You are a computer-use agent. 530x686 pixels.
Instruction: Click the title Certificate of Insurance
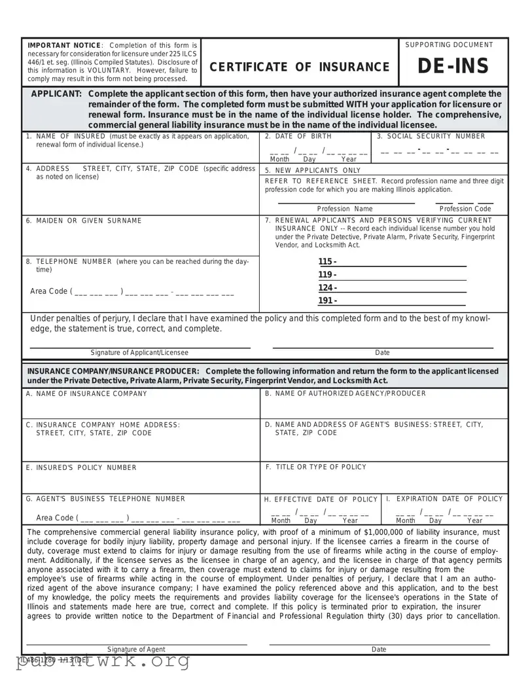299,67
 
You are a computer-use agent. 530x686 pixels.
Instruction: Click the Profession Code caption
465,209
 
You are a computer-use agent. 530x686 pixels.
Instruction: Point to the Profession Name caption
345,209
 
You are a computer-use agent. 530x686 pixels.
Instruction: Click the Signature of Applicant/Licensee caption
139,353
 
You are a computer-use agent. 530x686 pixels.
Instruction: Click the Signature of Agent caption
136,649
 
